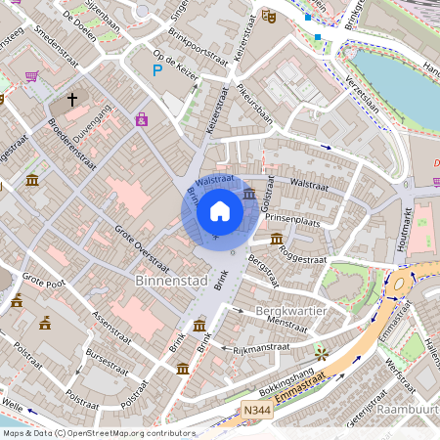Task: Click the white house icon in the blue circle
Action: (220, 210)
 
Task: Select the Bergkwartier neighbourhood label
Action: (289, 310)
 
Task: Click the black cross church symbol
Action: (71, 100)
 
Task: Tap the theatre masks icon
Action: (269, 17)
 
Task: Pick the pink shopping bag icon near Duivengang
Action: (142, 119)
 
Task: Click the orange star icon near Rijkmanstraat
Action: (321, 353)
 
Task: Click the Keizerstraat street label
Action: (216, 114)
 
